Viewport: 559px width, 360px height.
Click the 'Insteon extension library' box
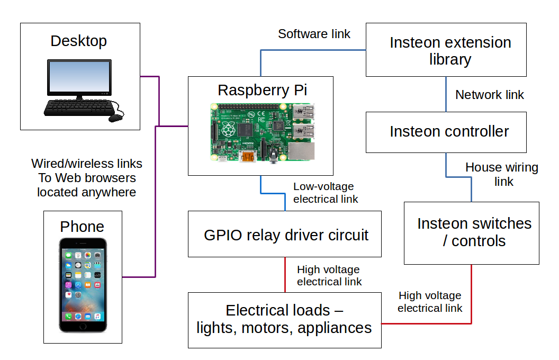click(446, 50)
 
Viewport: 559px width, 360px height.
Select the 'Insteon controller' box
click(446, 132)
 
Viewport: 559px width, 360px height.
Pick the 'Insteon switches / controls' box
click(471, 232)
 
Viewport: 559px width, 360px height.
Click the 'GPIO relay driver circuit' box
click(284, 234)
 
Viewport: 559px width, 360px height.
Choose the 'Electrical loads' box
click(284, 320)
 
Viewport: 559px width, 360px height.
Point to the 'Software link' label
click(314, 34)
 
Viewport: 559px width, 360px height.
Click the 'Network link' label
click(489, 95)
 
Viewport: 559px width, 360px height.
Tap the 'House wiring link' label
click(501, 174)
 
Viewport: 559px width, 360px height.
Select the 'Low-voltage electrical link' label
click(325, 193)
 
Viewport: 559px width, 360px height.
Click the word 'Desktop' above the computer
click(78, 41)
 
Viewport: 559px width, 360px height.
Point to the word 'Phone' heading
click(82, 227)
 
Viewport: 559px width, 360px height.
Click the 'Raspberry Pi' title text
click(262, 90)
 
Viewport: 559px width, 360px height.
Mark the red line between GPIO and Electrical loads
click(285, 275)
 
